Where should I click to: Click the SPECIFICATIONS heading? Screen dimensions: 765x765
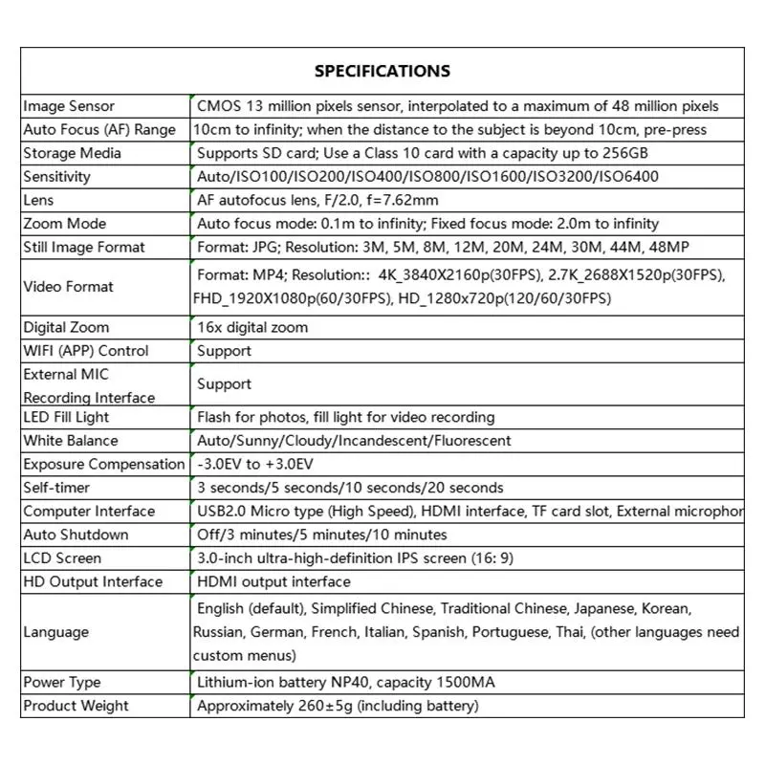(x=382, y=71)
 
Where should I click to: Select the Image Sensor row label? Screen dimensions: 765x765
(x=69, y=106)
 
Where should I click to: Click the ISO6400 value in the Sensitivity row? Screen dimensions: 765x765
(x=627, y=177)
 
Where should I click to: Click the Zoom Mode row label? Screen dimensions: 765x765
(x=65, y=224)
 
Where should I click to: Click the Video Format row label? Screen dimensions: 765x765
(x=69, y=286)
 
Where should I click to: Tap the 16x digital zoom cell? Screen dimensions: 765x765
(x=252, y=327)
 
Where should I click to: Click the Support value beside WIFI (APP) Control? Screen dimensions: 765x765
(x=224, y=351)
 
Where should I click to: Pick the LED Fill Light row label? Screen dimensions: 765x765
(x=67, y=417)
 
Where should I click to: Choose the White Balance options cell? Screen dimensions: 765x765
(x=353, y=441)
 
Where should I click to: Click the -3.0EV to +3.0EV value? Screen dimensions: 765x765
(x=254, y=464)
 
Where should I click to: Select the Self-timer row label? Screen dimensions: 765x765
(x=56, y=488)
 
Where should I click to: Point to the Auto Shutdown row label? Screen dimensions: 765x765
(x=76, y=535)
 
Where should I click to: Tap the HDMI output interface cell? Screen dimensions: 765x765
(x=273, y=581)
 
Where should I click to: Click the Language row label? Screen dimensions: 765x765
(x=56, y=632)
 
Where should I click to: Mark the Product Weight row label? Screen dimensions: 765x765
(x=76, y=706)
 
